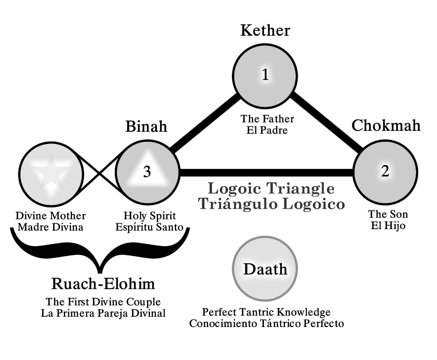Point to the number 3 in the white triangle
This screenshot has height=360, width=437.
[147, 172]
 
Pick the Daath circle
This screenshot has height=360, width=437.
[265, 269]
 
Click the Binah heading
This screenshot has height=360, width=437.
[146, 127]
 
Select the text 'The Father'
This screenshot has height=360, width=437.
[267, 119]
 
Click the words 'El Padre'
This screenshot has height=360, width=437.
[266, 129]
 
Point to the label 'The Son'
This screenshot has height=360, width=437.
[388, 214]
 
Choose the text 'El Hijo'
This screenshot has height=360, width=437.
[388, 225]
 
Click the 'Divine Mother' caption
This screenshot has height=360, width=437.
[50, 215]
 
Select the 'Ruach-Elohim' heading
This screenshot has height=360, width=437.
[103, 284]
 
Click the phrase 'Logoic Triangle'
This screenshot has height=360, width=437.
[271, 189]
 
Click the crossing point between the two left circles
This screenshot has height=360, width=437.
[100, 172]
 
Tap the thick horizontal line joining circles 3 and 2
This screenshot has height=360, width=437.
[266, 172]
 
